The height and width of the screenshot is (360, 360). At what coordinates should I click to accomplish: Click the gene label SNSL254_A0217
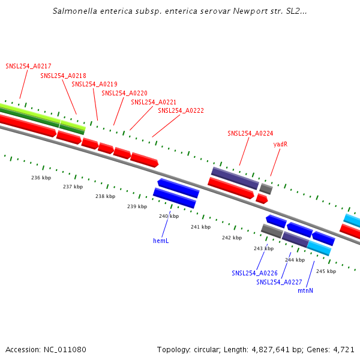pos(28,66)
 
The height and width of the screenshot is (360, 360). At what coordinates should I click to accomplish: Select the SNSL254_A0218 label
pos(63,76)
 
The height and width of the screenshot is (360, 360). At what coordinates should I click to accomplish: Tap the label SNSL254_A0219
pos(94,84)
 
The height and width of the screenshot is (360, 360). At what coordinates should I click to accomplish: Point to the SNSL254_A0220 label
pos(124,93)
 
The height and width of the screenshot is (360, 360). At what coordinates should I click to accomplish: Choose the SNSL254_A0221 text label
pos(154,102)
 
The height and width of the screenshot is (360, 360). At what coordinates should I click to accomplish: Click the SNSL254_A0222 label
pos(181,110)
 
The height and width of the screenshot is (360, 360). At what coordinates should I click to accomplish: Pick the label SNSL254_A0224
pos(250,133)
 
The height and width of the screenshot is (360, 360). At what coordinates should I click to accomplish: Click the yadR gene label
pos(280,145)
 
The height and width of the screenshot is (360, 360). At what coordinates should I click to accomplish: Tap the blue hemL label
pos(161,241)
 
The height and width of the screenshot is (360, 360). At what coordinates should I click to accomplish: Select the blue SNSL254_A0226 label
pos(254,273)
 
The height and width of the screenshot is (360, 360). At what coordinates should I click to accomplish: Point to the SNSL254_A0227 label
pos(279,282)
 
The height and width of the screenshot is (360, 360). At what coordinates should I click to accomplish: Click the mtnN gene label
pos(305,290)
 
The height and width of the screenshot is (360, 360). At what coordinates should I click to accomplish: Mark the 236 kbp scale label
pos(41,178)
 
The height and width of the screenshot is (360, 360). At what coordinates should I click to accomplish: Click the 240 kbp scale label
pos(169,216)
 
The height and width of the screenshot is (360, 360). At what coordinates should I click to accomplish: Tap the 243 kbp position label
pos(263,248)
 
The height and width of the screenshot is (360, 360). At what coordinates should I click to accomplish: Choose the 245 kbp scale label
pos(326,271)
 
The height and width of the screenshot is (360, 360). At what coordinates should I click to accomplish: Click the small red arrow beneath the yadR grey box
pos(262,199)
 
